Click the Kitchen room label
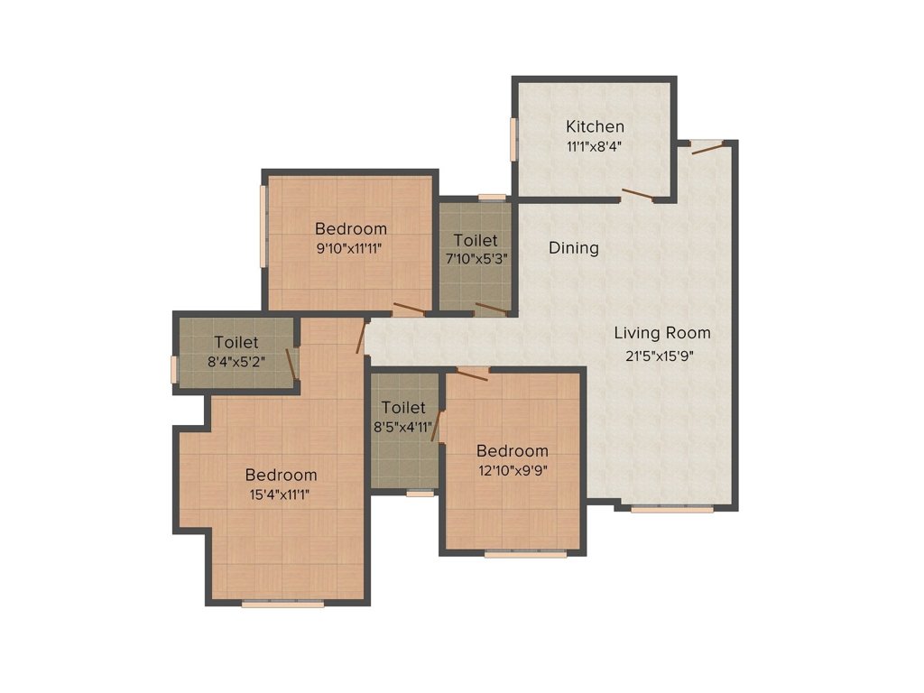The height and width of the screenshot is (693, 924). click(595, 126)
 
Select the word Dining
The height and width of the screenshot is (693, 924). click(574, 247)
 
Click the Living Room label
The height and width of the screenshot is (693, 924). click(663, 333)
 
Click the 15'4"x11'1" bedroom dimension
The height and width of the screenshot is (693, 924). click(281, 494)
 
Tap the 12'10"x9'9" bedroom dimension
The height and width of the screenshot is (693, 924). click(512, 469)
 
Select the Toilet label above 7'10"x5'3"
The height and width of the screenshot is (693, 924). click(476, 240)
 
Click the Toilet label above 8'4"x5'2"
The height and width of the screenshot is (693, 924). click(236, 343)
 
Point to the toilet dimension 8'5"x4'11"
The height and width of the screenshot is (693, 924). click(402, 427)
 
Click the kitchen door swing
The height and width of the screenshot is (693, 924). click(637, 194)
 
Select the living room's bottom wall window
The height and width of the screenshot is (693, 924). click(671, 510)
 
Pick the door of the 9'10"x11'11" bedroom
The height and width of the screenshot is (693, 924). click(409, 310)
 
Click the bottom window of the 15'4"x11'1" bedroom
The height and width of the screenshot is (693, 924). click(282, 604)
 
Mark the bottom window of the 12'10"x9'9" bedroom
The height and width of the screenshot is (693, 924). click(525, 554)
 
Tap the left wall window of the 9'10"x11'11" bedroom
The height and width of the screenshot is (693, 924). click(263, 226)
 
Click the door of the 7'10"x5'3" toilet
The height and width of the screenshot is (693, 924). click(492, 309)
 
